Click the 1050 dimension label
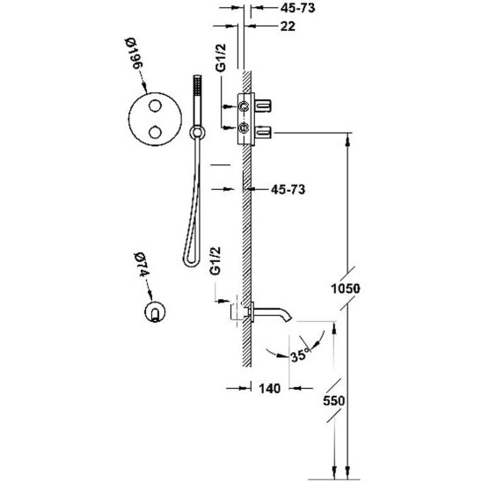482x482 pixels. click(345, 288)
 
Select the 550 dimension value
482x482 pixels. click(334, 401)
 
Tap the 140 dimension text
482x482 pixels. click(270, 389)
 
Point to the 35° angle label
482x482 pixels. click(299, 355)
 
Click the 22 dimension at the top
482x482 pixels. click(288, 26)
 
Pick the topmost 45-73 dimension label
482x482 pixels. click(297, 8)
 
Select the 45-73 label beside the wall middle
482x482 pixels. click(288, 189)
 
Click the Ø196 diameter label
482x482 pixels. click(135, 53)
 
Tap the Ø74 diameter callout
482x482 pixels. click(142, 265)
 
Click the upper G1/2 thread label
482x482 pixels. click(221, 58)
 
